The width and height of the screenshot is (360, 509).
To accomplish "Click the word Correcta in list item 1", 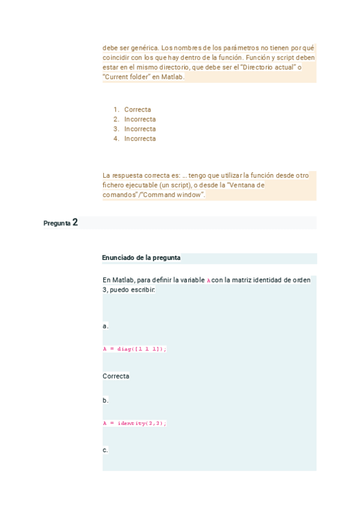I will click(x=137, y=110).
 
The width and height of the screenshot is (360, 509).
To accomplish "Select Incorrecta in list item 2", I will click(x=140, y=119).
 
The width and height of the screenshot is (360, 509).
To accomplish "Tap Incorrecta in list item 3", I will click(x=140, y=129).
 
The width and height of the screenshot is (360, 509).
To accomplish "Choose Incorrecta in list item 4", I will click(x=140, y=139).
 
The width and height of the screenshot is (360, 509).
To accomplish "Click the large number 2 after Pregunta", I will click(x=75, y=223).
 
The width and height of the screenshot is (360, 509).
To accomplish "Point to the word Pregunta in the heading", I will click(x=56, y=223).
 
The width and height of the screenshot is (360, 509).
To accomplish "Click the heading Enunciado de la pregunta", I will click(x=141, y=258).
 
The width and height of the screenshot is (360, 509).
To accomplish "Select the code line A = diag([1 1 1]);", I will click(x=134, y=349).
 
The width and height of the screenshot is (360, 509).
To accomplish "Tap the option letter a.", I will click(x=106, y=326).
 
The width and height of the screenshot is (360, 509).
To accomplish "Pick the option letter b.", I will click(x=106, y=400).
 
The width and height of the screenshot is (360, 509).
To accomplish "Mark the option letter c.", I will click(x=106, y=450).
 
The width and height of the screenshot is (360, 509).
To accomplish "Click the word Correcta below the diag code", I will click(x=116, y=376).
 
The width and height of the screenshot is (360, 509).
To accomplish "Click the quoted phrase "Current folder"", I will click(x=125, y=77).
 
